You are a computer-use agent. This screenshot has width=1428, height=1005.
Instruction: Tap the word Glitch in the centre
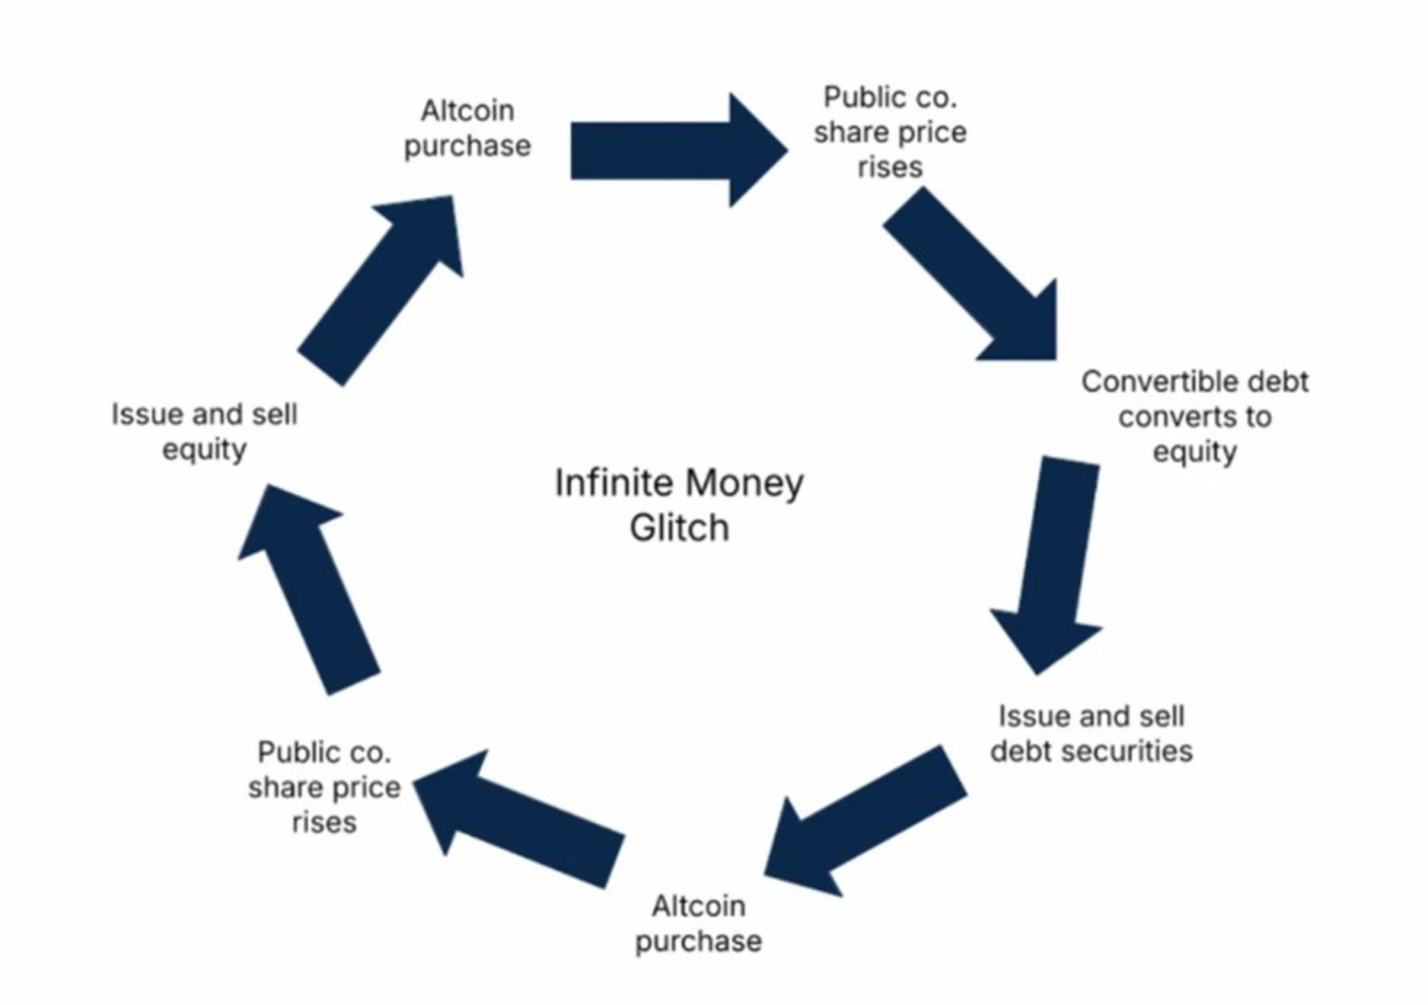[679, 527]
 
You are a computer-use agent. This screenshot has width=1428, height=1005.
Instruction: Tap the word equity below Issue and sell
[204, 450]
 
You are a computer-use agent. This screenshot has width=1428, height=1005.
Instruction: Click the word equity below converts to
[1194, 453]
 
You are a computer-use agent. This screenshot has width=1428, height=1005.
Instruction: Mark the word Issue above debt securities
[1027, 716]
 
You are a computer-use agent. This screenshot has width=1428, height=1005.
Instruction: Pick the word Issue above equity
[139, 414]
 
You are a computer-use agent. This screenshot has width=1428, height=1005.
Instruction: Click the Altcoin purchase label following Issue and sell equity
[467, 128]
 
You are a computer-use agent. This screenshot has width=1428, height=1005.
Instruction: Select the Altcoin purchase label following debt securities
[698, 924]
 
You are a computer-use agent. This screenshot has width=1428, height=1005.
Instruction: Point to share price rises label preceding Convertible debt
[890, 132]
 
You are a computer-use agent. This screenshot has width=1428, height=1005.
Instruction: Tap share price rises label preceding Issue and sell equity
[324, 787]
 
